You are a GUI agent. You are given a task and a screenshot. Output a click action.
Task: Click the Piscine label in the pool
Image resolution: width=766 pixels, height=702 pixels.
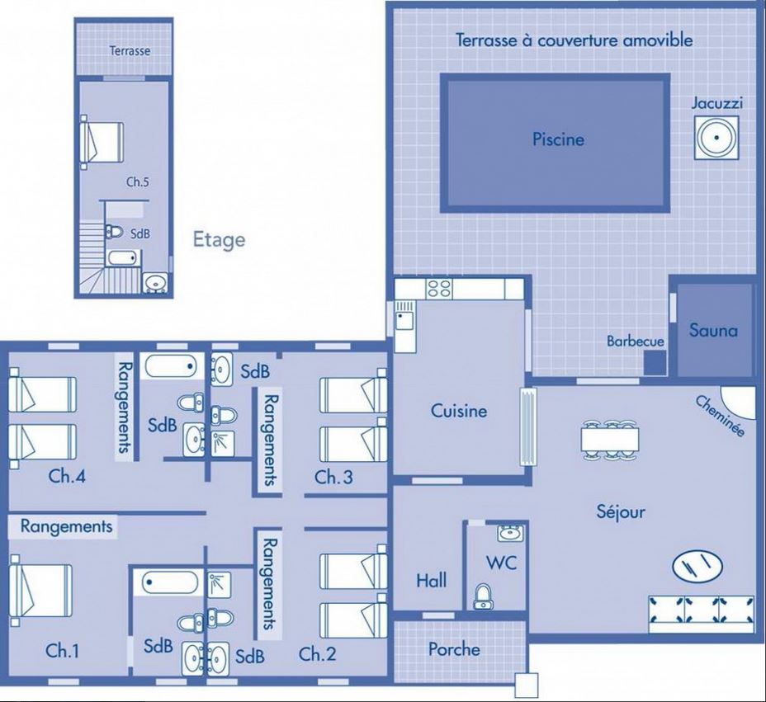(x=558, y=139)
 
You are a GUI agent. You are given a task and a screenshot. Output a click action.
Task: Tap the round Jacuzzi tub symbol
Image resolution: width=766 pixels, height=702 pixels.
(x=716, y=138)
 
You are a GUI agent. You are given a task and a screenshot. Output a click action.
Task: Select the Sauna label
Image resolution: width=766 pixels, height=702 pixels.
(x=713, y=331)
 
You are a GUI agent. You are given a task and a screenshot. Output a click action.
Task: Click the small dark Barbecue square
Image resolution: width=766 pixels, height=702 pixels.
(x=655, y=363)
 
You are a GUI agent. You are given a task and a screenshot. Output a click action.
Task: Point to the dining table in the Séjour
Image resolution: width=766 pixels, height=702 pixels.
(x=610, y=440)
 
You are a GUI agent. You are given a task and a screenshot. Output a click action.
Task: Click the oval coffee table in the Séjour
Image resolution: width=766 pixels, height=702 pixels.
(x=697, y=566)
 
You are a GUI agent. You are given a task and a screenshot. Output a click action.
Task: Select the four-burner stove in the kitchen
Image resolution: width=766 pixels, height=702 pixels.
(x=439, y=289)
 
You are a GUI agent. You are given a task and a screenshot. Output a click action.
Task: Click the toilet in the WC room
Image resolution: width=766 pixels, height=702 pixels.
(x=483, y=596)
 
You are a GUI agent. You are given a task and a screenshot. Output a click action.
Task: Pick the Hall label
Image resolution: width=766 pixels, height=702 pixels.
(x=432, y=581)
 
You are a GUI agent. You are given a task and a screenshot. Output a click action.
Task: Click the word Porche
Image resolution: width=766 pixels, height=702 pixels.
(x=454, y=649)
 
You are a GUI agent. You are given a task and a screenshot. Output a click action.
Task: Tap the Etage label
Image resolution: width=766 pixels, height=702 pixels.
(x=219, y=240)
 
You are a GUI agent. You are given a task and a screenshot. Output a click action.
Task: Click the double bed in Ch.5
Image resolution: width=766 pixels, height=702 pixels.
(x=102, y=142)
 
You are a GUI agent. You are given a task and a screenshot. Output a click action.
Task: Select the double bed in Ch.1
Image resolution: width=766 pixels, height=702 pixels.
(x=40, y=590)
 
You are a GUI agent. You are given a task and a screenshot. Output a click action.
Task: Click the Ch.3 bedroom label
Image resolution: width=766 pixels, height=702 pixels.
(x=333, y=477)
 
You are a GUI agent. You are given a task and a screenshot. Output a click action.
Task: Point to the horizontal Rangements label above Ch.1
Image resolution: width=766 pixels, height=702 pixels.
(x=66, y=526)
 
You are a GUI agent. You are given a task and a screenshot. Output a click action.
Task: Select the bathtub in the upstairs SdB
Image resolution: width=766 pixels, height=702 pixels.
(x=124, y=257)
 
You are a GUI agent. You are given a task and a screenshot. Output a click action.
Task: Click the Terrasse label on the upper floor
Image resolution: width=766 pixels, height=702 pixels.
(x=130, y=51)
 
